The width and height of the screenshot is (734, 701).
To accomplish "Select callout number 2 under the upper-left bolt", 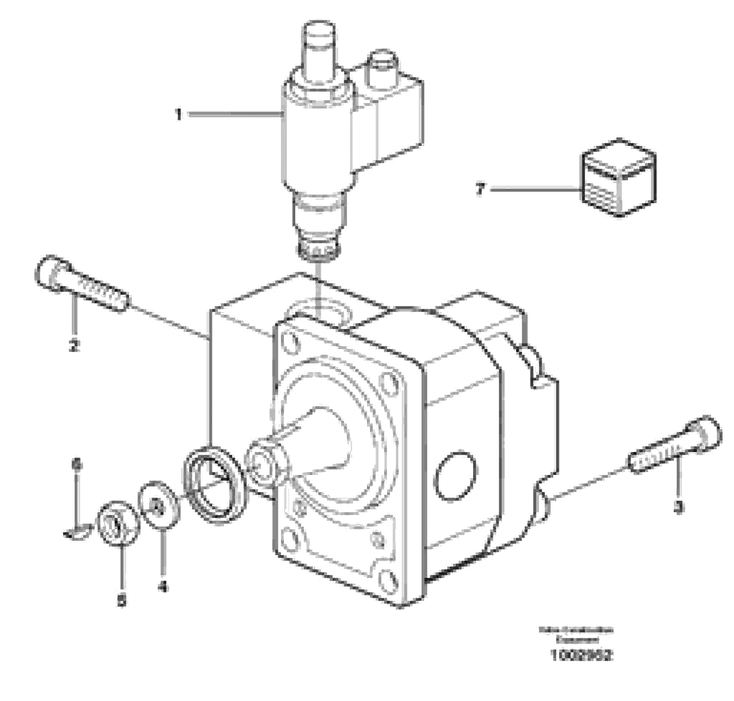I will (x=74, y=346).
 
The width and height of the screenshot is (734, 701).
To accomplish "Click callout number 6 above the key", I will (x=77, y=465).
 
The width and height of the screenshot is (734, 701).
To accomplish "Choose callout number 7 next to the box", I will (x=480, y=189).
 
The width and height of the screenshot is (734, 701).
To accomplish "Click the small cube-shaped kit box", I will (x=618, y=178).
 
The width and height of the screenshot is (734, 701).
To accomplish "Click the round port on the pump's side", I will (x=454, y=475).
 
